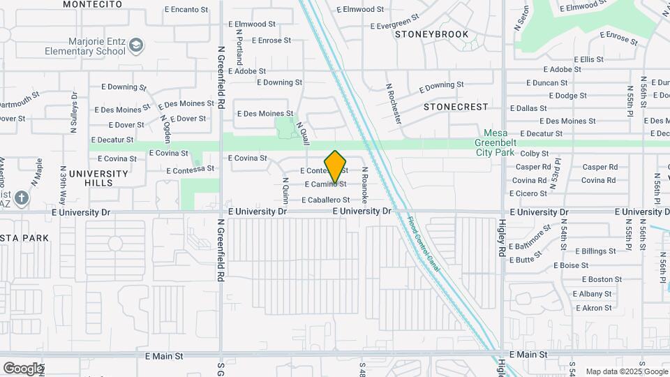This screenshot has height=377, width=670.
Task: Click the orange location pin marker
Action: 336,167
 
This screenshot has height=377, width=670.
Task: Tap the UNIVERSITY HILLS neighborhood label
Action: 98,178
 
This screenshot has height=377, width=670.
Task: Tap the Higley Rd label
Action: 501,237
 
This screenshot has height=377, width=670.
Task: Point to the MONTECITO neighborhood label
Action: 88,4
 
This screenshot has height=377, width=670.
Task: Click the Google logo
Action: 23,368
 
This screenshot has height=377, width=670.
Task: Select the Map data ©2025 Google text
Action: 626,371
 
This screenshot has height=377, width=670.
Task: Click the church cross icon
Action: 22,198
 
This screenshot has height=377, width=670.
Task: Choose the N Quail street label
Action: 302,133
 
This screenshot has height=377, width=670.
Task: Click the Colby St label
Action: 535,154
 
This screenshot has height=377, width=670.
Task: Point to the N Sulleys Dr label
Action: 73,112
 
